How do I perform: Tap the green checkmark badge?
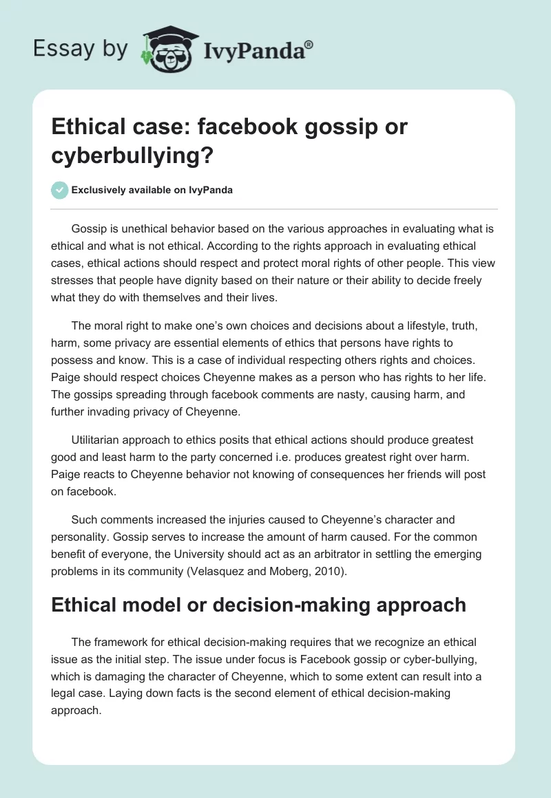point(60,190)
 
